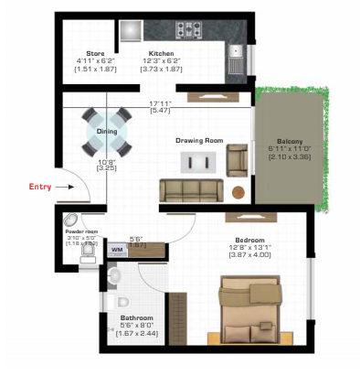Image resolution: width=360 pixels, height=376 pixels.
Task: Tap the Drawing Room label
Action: coord(199,140)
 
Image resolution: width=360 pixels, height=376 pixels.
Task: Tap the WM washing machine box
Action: coord(118,248)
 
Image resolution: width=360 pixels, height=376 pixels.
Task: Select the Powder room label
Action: coord(80,232)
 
